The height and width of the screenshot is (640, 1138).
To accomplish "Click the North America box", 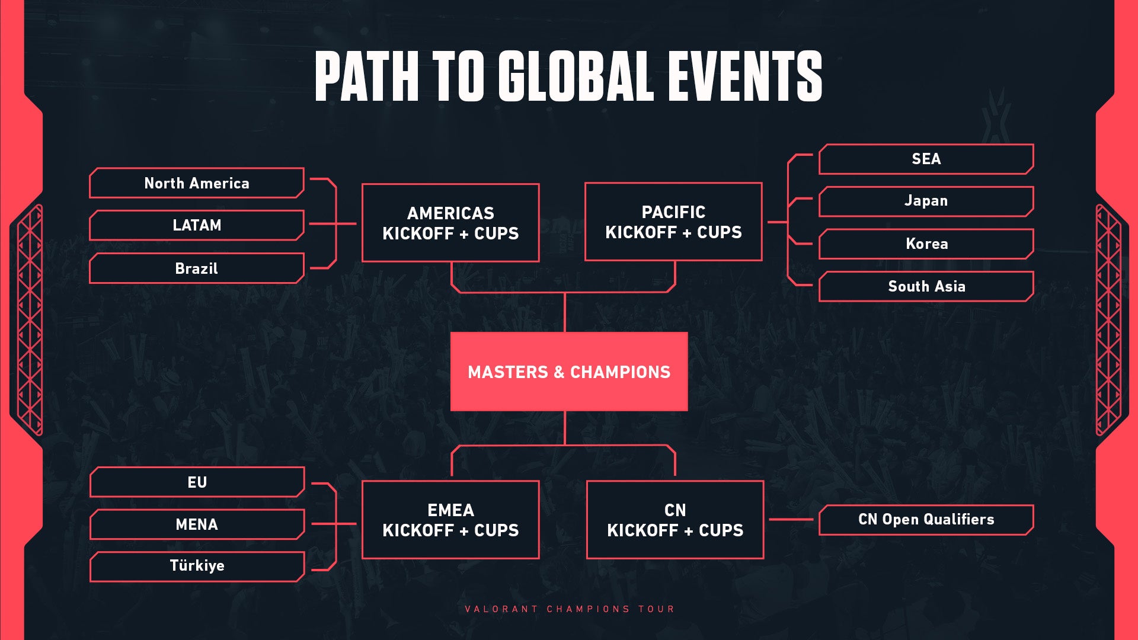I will (197, 183).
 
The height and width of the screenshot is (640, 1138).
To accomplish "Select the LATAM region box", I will (197, 225).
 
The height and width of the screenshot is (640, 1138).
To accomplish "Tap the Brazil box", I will (197, 268).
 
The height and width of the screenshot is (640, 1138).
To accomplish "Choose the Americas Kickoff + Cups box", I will (450, 223).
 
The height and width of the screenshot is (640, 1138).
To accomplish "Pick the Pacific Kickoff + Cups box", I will (673, 222).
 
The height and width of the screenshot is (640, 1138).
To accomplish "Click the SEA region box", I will (926, 159).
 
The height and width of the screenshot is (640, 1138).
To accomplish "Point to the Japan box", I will (926, 201).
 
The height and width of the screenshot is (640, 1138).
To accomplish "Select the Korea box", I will (926, 244).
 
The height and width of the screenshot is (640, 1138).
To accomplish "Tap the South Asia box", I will (926, 286).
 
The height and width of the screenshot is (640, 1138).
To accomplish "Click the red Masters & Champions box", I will (569, 372).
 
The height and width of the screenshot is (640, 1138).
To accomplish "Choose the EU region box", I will (197, 482).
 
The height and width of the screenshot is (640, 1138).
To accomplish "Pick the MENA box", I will (197, 524).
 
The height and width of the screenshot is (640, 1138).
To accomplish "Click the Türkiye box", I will (197, 566).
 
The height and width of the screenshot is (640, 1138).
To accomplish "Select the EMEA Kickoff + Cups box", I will (450, 520).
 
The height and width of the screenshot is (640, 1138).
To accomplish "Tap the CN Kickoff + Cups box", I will (675, 520).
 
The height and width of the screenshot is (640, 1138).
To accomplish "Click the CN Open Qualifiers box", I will (926, 520).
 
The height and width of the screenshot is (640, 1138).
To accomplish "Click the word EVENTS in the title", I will (745, 75).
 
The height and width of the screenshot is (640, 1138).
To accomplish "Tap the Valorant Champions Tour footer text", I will (569, 609).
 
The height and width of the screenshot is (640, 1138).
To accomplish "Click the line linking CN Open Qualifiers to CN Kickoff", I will (791, 520).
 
